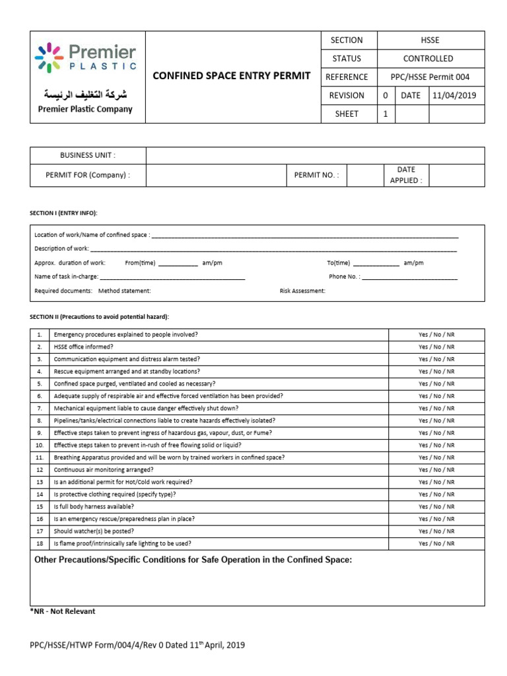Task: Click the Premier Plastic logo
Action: pyautogui.click(x=86, y=58)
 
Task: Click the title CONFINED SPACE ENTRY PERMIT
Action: pyautogui.click(x=231, y=76)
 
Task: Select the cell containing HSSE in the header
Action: pyautogui.click(x=430, y=40)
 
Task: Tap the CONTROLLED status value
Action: pyautogui.click(x=430, y=59)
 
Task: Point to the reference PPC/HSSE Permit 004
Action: pyautogui.click(x=430, y=77)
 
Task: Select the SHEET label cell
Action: pyautogui.click(x=347, y=114)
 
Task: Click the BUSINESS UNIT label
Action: pyautogui.click(x=88, y=155)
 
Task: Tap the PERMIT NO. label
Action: pyautogui.click(x=316, y=176)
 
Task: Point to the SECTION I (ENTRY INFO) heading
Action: pyautogui.click(x=64, y=213)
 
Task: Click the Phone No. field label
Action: pyautogui.click(x=344, y=277)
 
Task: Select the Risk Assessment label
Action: pyautogui.click(x=302, y=290)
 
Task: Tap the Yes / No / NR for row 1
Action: pyautogui.click(x=436, y=335)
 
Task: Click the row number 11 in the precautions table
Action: pyautogui.click(x=40, y=457)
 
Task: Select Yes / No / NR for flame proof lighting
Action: pyautogui.click(x=436, y=543)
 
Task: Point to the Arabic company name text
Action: pyautogui.click(x=84, y=94)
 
